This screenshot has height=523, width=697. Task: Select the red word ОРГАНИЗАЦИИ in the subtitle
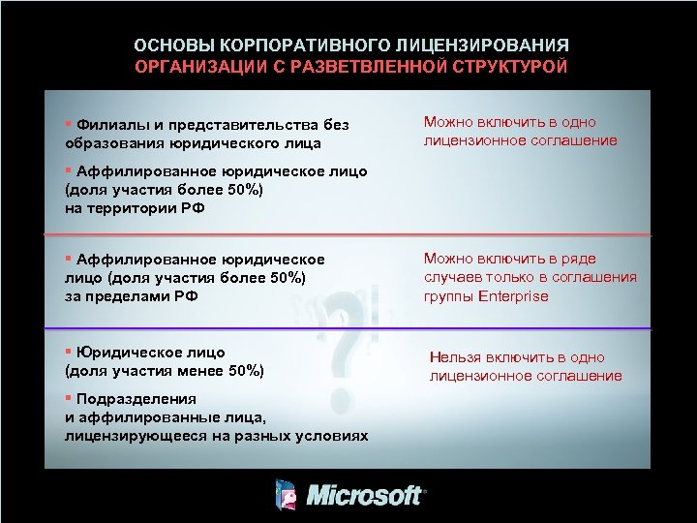click(x=193, y=67)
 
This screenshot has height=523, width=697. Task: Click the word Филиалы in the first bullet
click(x=108, y=125)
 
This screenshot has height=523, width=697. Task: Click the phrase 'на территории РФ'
click(x=135, y=207)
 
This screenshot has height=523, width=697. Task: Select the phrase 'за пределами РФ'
click(x=132, y=296)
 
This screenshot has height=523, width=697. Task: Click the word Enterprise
click(x=513, y=296)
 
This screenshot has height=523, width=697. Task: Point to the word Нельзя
click(x=458, y=357)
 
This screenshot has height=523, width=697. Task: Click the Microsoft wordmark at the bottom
click(x=365, y=496)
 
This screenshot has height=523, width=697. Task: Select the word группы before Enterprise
click(x=448, y=296)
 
